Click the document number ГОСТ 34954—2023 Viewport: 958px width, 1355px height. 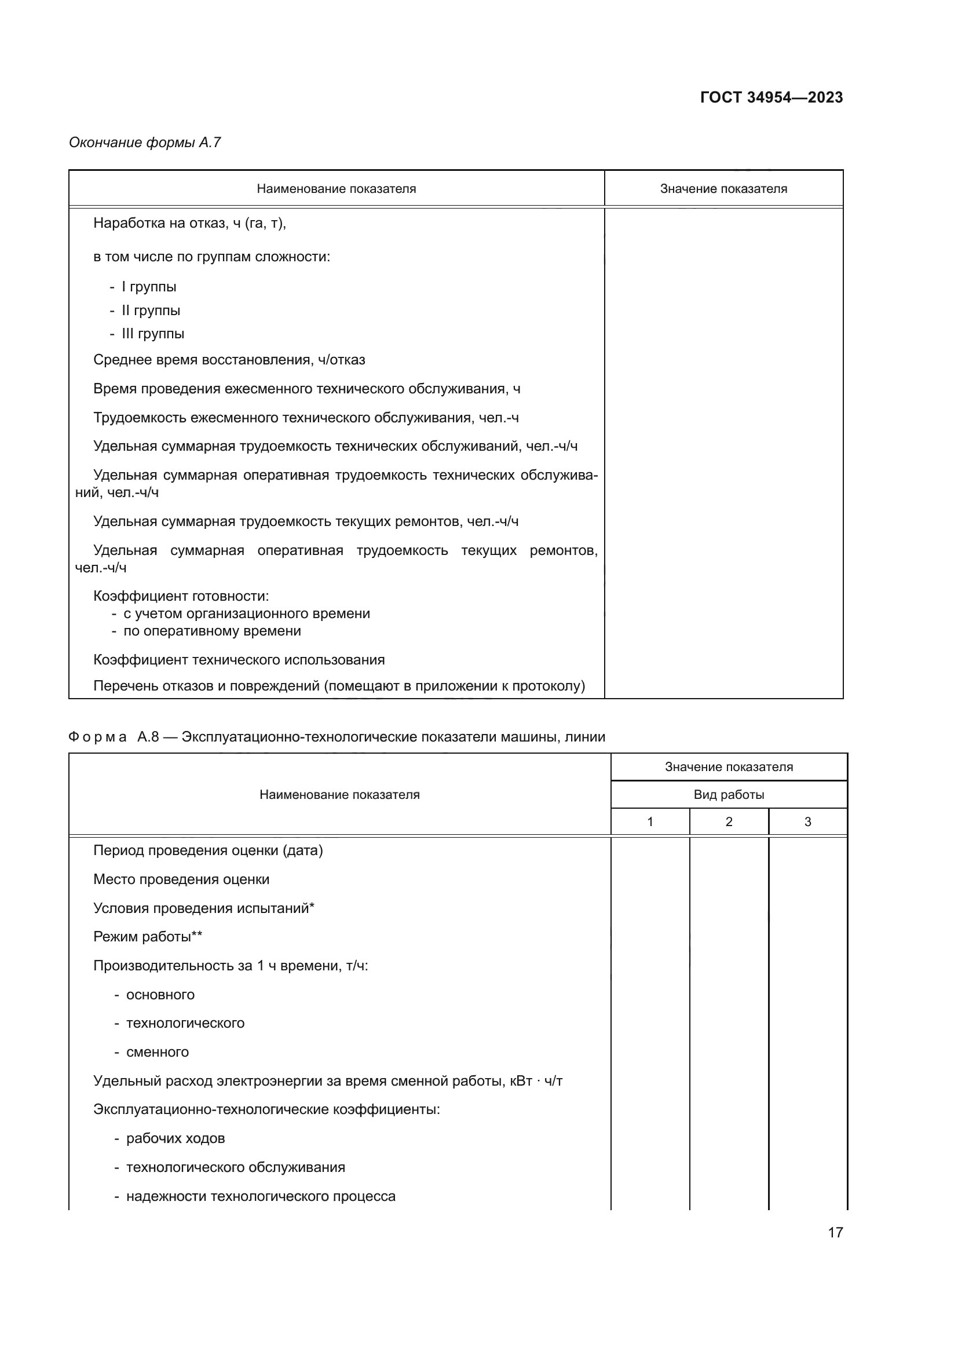(x=771, y=97)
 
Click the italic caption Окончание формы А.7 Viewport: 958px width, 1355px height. (x=145, y=143)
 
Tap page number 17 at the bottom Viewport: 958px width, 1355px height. (x=835, y=1232)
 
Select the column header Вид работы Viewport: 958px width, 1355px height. (x=729, y=794)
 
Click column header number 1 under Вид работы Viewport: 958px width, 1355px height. (x=649, y=821)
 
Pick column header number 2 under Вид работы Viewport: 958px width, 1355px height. (x=729, y=821)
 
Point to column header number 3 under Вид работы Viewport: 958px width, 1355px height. (x=807, y=821)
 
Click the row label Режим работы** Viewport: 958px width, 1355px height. (x=148, y=937)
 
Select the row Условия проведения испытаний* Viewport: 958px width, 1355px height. (x=203, y=908)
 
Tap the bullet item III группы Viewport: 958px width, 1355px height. (x=153, y=334)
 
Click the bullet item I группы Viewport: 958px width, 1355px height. (x=149, y=287)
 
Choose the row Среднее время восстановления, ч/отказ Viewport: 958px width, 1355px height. (x=229, y=359)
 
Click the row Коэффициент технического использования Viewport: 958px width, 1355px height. (x=239, y=659)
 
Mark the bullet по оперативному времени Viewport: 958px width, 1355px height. (x=212, y=630)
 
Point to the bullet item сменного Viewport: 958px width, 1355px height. (x=158, y=1051)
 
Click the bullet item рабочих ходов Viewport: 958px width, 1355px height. (x=175, y=1138)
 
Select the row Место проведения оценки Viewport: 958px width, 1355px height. (x=181, y=879)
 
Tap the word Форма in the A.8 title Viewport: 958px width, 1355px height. (x=97, y=736)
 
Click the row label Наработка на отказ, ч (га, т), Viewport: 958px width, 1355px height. (x=189, y=223)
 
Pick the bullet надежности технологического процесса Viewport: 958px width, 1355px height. (x=260, y=1196)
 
